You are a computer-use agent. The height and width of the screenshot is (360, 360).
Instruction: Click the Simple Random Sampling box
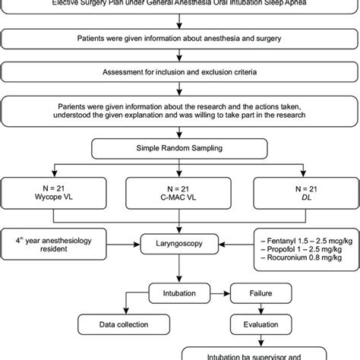point(179,147)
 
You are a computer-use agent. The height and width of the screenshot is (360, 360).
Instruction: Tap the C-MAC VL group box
point(179,193)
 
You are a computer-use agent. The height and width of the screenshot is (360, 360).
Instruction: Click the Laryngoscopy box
point(179,245)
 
